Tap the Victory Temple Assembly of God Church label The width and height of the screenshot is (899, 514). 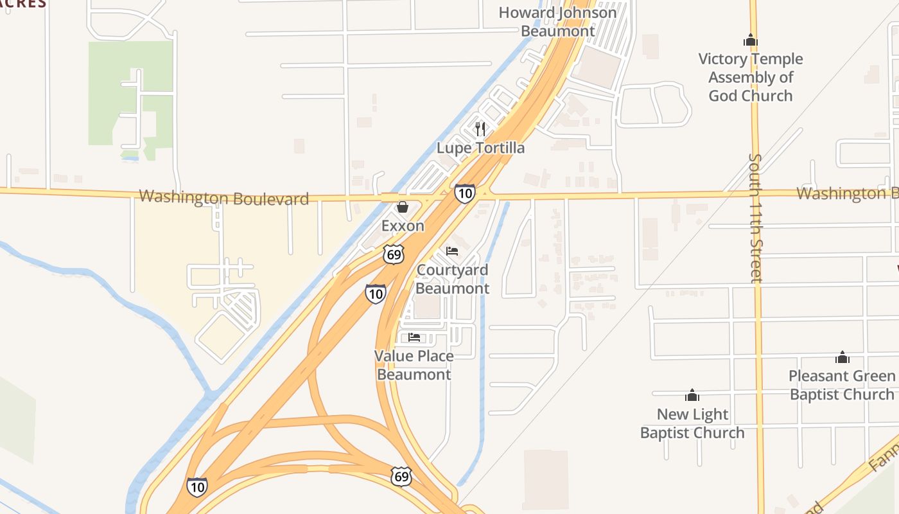pyautogui.click(x=750, y=77)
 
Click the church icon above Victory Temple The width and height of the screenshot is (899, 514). pyautogui.click(x=750, y=40)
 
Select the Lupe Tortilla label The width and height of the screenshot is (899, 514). pyautogui.click(x=480, y=148)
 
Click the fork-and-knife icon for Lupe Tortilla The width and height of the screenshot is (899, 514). pyautogui.click(x=480, y=129)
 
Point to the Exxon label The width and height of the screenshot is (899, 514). pyautogui.click(x=403, y=226)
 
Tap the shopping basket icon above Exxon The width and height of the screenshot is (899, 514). pyautogui.click(x=403, y=207)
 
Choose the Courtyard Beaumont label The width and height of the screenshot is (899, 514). pyautogui.click(x=452, y=279)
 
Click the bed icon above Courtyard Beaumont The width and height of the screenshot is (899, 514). pyautogui.click(x=452, y=251)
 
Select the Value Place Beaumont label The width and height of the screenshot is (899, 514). pyautogui.click(x=414, y=365)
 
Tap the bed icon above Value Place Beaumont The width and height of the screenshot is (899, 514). pyautogui.click(x=414, y=337)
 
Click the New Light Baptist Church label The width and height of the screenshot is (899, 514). pyautogui.click(x=692, y=423)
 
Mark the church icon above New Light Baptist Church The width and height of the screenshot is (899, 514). pyautogui.click(x=692, y=394)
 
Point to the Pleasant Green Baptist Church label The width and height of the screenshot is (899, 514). pyautogui.click(x=842, y=385)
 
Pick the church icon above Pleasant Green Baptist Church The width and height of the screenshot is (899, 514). pyautogui.click(x=842, y=357)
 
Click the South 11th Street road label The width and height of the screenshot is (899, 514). pyautogui.click(x=756, y=218)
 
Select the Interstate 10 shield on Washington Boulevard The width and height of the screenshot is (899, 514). pyautogui.click(x=464, y=193)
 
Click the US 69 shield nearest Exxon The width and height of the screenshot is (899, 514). pyautogui.click(x=394, y=253)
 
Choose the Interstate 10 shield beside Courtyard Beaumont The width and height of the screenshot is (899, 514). pyautogui.click(x=376, y=294)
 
